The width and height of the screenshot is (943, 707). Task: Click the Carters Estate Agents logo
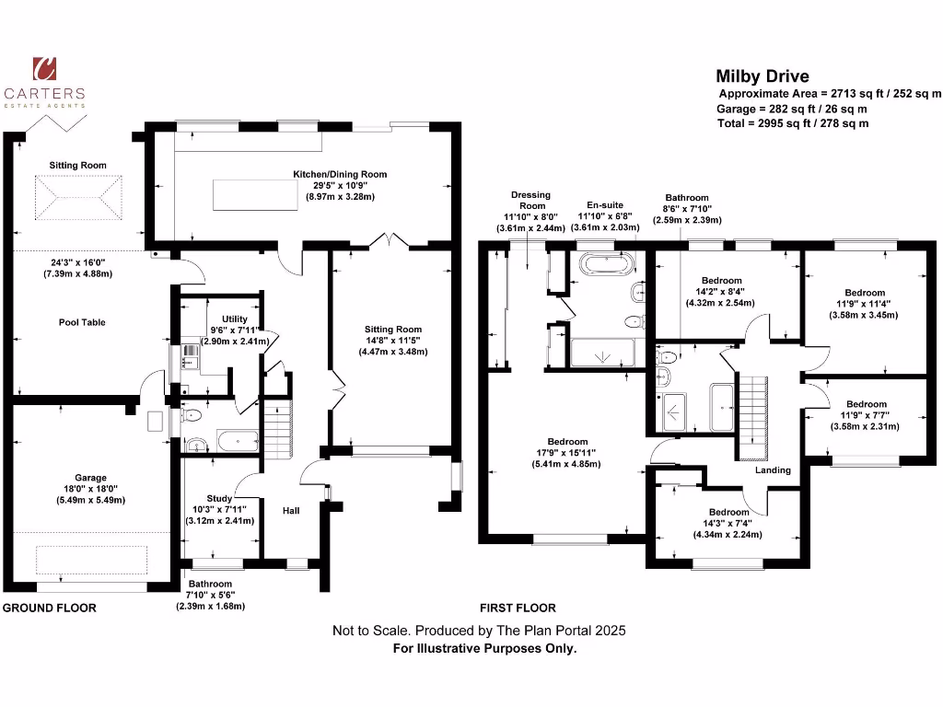(44, 82)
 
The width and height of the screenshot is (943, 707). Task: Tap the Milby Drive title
(763, 76)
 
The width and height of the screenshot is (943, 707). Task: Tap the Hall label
(291, 509)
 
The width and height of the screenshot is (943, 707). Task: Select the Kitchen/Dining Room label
(340, 174)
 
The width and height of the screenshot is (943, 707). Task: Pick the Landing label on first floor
(773, 470)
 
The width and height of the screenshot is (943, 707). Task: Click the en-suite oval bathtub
(606, 265)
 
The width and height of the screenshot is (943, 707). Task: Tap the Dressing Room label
(530, 200)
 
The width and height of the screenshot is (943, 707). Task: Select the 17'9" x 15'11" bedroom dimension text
(567, 453)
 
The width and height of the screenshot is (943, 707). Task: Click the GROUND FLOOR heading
(50, 608)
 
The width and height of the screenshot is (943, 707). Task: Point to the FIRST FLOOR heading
(518, 608)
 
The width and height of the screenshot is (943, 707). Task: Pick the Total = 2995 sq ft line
(793, 123)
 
